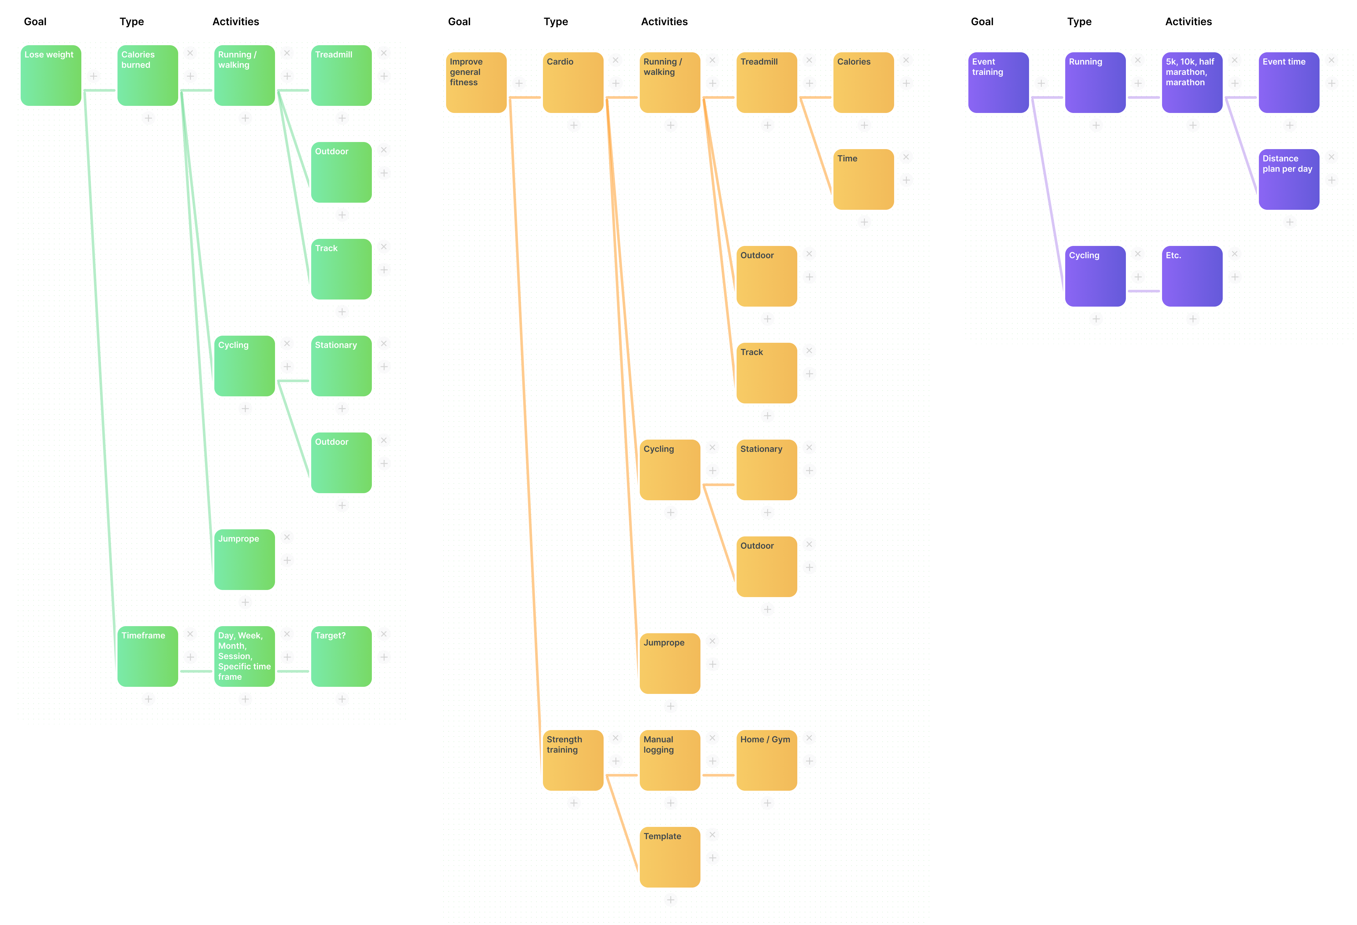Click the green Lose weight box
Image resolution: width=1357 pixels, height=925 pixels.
[x=51, y=75]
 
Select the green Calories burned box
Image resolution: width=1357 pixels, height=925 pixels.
[x=148, y=75]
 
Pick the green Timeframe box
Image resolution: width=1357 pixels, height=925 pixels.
[x=148, y=656]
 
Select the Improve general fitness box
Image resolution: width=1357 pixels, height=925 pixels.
[x=476, y=82]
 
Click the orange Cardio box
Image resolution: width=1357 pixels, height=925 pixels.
[x=573, y=82]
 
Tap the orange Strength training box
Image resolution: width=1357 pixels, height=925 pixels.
[x=573, y=760]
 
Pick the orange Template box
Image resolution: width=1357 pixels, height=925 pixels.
[x=670, y=857]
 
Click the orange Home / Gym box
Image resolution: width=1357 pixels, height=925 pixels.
[x=767, y=760]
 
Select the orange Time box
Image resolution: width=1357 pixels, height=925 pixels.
[x=863, y=179]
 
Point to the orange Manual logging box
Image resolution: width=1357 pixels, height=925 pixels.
[x=670, y=760]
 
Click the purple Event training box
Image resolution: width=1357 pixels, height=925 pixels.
[x=998, y=82]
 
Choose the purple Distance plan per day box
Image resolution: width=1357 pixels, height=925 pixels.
[x=1289, y=179]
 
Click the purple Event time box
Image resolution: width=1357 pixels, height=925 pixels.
[x=1289, y=82]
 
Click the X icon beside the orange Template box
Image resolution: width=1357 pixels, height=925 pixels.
[x=712, y=835]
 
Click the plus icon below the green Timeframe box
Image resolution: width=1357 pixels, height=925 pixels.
[x=148, y=699]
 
